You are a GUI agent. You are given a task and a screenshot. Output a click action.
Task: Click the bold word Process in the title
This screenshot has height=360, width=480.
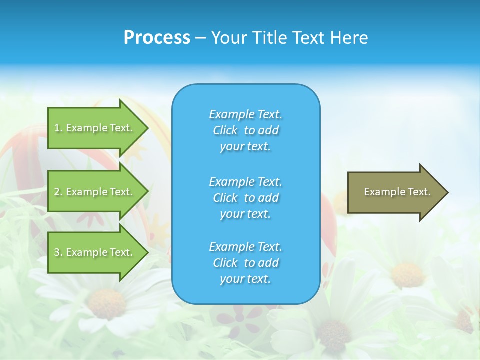click(157, 38)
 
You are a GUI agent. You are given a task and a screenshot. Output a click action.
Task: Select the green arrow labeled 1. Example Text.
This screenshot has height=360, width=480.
click(95, 128)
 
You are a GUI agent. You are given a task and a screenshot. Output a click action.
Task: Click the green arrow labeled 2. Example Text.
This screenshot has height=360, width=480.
click(95, 192)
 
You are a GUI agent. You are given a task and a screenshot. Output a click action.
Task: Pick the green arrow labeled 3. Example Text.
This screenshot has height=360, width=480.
click(95, 252)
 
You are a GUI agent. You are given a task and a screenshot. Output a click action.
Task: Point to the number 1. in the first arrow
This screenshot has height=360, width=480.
click(58, 128)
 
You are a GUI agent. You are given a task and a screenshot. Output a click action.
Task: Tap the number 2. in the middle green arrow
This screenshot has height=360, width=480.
click(58, 192)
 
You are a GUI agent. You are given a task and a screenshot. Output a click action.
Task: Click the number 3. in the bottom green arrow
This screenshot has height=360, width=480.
click(58, 252)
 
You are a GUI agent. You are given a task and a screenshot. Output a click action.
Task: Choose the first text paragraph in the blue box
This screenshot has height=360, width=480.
click(245, 130)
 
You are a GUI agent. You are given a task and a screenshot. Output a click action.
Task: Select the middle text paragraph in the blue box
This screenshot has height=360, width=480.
click(245, 197)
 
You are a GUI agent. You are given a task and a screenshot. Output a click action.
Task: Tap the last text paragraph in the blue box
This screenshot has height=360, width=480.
click(245, 263)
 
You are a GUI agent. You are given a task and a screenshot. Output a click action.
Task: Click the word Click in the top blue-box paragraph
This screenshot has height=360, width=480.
click(225, 130)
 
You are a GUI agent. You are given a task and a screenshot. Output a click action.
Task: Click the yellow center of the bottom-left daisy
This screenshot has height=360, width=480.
click(106, 304)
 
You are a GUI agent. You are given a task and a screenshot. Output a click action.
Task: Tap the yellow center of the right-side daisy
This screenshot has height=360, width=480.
click(407, 275)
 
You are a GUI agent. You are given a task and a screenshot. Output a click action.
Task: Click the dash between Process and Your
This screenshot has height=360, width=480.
click(200, 38)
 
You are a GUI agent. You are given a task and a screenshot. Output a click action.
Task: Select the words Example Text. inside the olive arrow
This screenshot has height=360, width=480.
click(397, 192)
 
